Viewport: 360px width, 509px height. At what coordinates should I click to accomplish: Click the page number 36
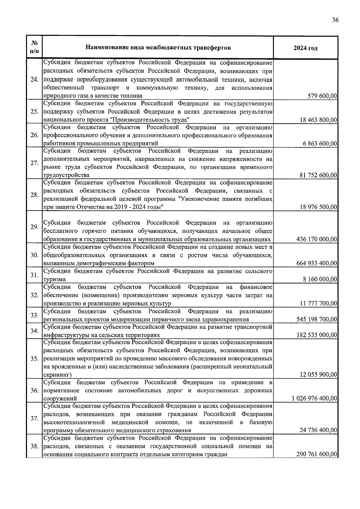pyautogui.click(x=335, y=20)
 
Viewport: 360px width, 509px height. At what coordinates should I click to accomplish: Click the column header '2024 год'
pyautogui.click(x=305, y=48)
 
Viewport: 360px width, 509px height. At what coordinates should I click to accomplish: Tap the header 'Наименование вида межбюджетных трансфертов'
pyautogui.click(x=158, y=47)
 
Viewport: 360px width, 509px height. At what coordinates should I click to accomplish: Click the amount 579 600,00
pyautogui.click(x=322, y=96)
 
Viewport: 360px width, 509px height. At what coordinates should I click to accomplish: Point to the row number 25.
pyautogui.click(x=34, y=112)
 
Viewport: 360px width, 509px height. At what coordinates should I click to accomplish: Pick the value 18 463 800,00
pyautogui.click(x=319, y=120)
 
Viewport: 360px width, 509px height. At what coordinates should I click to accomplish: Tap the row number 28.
pyautogui.click(x=34, y=195)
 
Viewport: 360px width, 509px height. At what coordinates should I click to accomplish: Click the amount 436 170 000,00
pyautogui.click(x=317, y=239)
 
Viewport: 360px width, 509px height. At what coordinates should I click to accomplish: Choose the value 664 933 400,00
pyautogui.click(x=317, y=263)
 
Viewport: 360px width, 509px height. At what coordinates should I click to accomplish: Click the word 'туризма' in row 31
pyautogui.click(x=55, y=279)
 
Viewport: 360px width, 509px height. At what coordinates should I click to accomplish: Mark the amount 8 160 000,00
pyautogui.click(x=320, y=279)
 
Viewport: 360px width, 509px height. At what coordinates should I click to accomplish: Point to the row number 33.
pyautogui.click(x=34, y=315)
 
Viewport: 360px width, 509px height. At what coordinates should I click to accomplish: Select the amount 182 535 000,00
pyautogui.click(x=317, y=335)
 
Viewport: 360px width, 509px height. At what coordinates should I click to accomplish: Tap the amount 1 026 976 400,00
pyautogui.click(x=314, y=399)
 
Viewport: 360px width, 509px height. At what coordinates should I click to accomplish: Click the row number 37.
pyautogui.click(x=34, y=418)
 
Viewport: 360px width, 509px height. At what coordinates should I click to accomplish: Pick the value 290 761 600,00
pyautogui.click(x=317, y=454)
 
